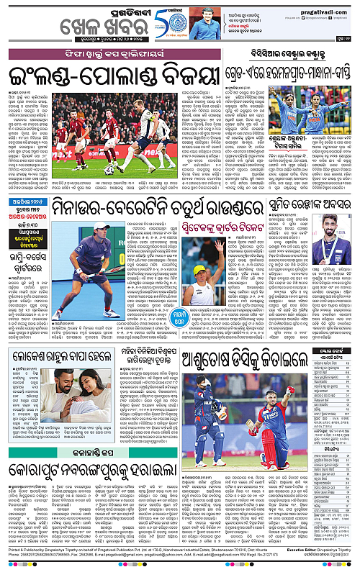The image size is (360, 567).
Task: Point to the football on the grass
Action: [x=110, y=171]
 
